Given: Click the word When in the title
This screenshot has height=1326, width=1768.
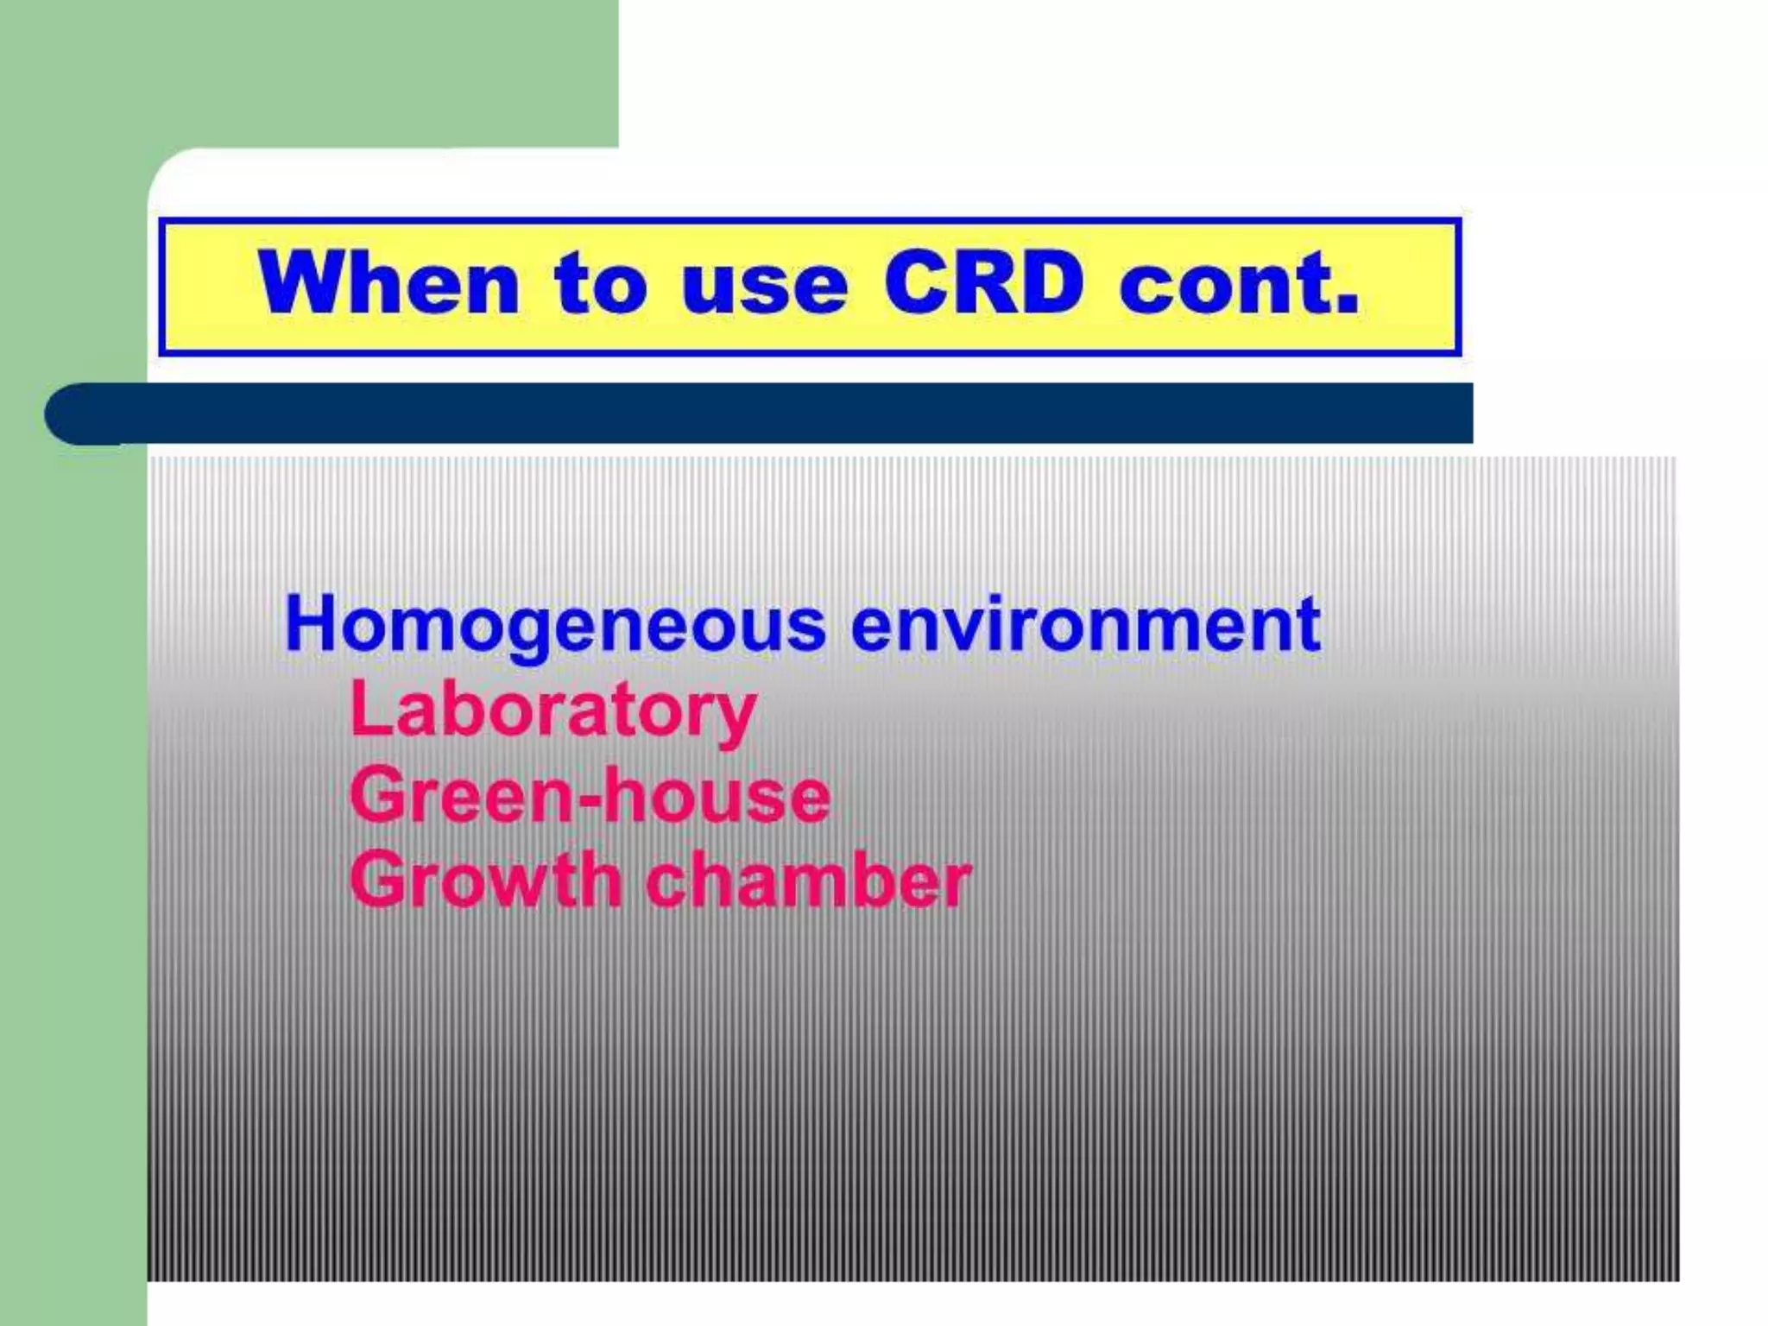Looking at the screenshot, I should tap(388, 282).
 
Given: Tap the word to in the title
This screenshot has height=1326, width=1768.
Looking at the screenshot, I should tap(600, 282).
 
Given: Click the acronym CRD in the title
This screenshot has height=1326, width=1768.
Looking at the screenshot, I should tap(983, 282).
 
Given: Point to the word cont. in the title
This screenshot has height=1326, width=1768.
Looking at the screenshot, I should tap(1239, 282).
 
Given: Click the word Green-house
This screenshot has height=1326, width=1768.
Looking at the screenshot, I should tap(590, 796).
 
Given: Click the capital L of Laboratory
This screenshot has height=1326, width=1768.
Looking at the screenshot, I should tap(369, 708).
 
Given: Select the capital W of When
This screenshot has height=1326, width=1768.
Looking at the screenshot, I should tap(302, 282).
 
